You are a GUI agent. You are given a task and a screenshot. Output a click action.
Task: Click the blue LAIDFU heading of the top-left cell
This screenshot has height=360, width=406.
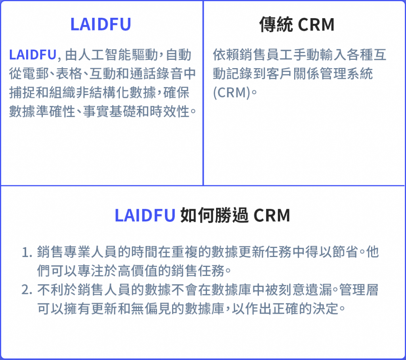[101, 24]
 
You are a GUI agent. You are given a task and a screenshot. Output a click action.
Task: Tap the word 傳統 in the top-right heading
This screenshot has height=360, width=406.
[276, 25]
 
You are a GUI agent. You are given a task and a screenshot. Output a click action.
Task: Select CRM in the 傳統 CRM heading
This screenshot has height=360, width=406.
[316, 25]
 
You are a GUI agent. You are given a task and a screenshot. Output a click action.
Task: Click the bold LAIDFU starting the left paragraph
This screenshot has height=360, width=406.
[33, 55]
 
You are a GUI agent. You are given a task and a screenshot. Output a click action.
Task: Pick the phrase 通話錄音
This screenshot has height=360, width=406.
[156, 73]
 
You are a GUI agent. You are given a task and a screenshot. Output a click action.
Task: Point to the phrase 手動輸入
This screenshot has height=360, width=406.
[320, 55]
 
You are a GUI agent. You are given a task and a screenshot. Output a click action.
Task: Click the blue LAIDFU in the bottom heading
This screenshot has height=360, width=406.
[145, 215]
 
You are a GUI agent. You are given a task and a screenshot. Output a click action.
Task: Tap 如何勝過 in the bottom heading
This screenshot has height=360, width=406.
[214, 215]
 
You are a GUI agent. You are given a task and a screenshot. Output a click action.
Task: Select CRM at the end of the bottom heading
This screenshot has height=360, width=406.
[272, 215]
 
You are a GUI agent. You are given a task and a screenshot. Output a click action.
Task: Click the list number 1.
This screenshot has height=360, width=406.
[27, 252]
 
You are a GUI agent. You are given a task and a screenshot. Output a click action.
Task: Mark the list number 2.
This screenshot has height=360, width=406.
[27, 290]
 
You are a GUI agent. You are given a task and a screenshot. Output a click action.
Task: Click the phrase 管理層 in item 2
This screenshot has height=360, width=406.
[359, 290]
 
